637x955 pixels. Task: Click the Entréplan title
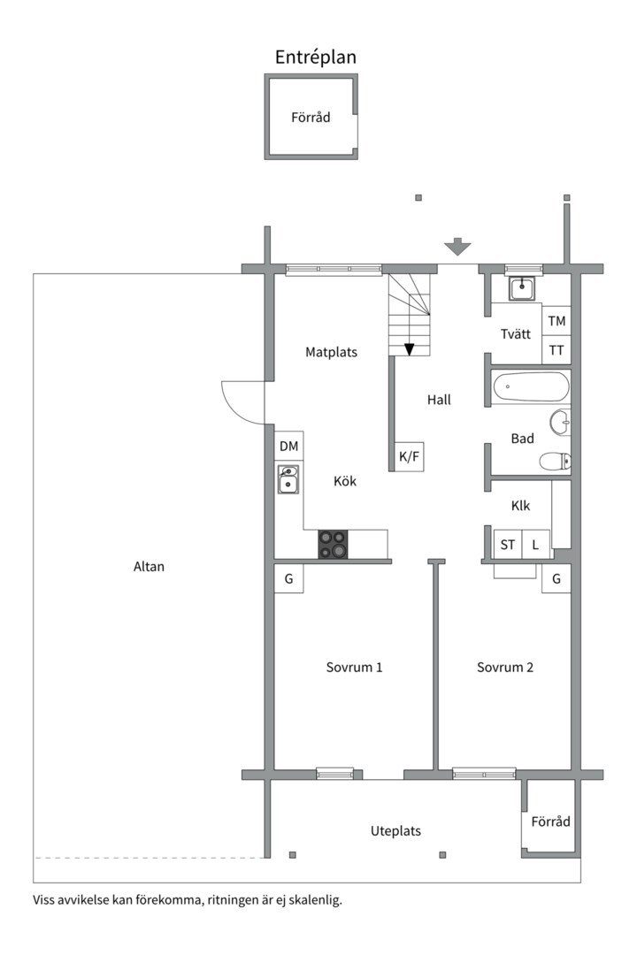pos(315,57)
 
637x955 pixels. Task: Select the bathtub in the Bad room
pos(530,386)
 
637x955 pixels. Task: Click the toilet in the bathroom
pos(555,462)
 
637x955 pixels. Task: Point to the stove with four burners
pos(333,544)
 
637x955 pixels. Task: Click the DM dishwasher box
pos(289,446)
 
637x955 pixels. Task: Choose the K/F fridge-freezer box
pos(409,456)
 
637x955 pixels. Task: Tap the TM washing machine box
pos(556,321)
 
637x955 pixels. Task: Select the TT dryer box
pos(556,350)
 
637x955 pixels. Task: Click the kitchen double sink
pos(288,478)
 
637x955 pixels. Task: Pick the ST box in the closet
pos(508,545)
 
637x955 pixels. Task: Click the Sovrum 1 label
pos(354,667)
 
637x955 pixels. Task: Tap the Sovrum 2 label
pos(504,667)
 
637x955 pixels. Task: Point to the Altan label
pos(149,567)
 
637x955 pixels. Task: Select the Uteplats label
pos(395,831)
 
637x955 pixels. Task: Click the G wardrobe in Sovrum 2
pos(556,578)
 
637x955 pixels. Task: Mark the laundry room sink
pos(522,288)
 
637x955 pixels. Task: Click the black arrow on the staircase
pos(409,349)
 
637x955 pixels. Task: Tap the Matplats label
pos(331,352)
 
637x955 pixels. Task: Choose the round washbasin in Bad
pos(560,422)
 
